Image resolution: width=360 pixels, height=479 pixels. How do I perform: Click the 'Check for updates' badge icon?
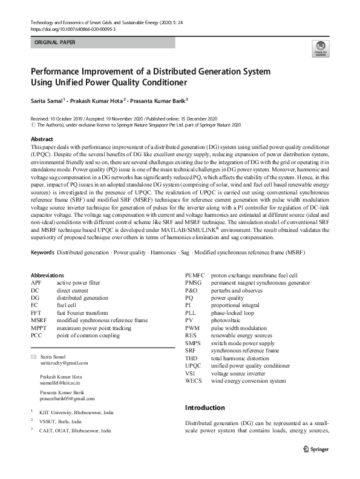point(318,48)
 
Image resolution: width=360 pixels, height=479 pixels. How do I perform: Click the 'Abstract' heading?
point(42,139)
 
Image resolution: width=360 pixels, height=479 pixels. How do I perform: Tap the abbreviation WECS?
point(194,381)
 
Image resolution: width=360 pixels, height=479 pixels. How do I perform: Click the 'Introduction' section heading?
point(205,408)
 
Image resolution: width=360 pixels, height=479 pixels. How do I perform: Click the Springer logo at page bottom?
point(315,450)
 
